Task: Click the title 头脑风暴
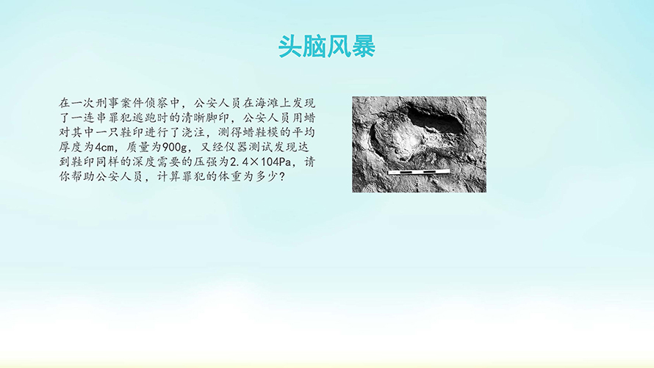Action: [327, 46]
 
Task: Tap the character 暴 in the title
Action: [364, 46]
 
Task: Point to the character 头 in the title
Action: [290, 46]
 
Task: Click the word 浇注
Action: [193, 132]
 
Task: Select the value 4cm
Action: [104, 148]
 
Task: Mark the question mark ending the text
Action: [282, 177]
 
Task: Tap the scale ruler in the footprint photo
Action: [419, 172]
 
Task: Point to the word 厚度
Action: [71, 147]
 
